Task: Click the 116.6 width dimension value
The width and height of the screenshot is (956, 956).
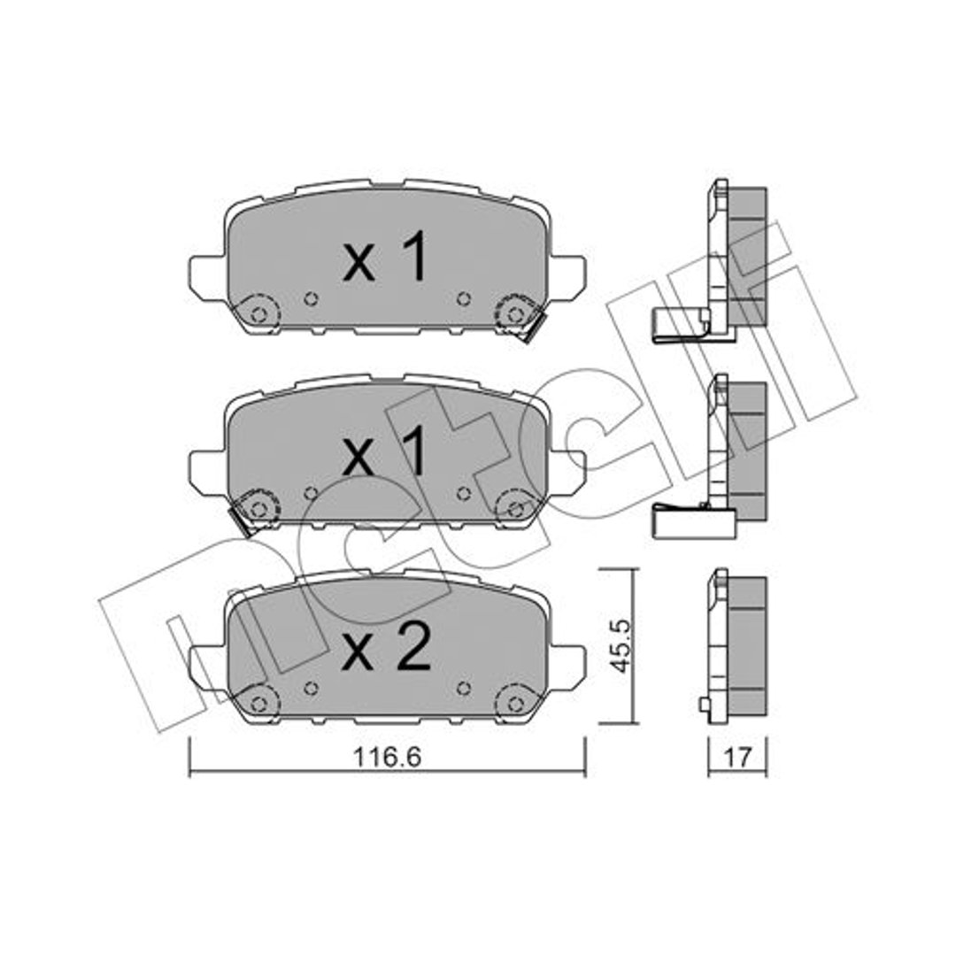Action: (387, 758)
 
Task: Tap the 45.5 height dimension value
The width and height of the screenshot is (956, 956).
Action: (621, 646)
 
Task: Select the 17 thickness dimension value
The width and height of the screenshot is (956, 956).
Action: (736, 758)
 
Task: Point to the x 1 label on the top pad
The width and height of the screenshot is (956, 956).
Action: (385, 257)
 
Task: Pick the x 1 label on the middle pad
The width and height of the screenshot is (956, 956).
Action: (385, 451)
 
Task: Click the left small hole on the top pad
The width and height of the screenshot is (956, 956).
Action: (311, 299)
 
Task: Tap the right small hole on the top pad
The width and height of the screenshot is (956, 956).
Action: (463, 299)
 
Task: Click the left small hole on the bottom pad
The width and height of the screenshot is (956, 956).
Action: (311, 689)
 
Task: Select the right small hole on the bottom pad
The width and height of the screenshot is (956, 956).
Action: (463, 689)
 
